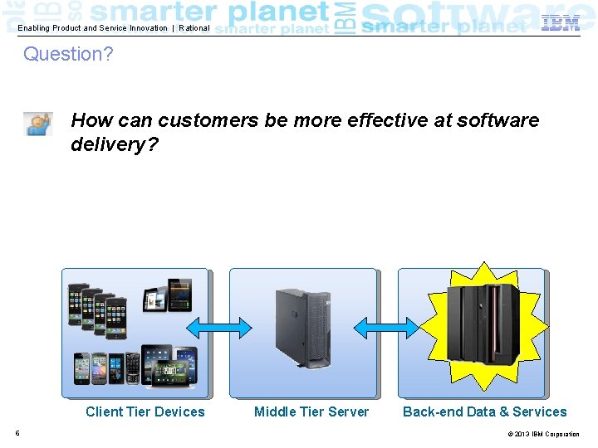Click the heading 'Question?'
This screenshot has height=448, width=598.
(68, 55)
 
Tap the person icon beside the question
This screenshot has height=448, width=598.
(38, 124)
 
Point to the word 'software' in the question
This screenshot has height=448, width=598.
(498, 120)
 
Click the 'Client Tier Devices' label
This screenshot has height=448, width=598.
(145, 412)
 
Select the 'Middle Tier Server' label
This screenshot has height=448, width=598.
(311, 412)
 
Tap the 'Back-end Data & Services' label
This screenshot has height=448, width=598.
(484, 412)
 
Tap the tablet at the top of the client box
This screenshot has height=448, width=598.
(167, 295)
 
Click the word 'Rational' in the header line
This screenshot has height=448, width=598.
(194, 28)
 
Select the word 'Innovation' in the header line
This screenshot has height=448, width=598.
(148, 28)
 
